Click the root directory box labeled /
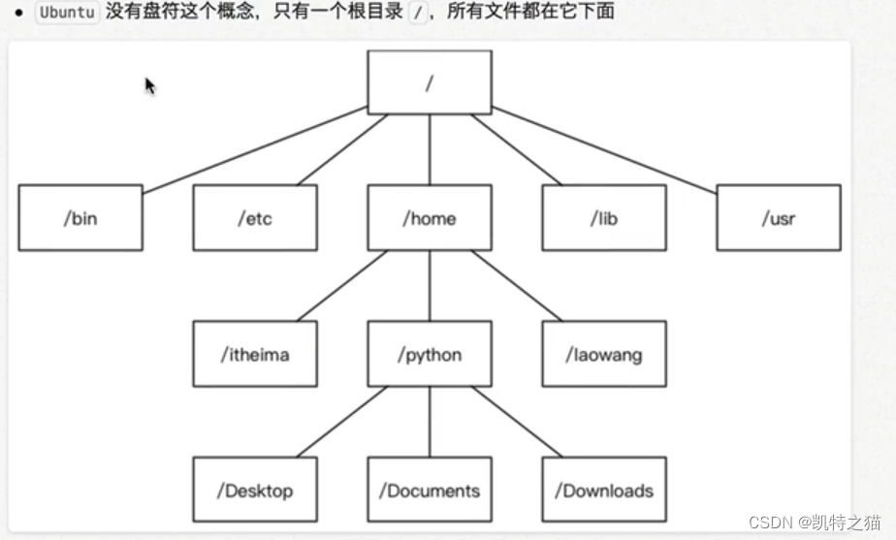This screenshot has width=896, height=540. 430,82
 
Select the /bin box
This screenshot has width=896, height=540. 80,218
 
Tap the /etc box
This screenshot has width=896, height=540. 255,218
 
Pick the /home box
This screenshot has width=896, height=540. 430,218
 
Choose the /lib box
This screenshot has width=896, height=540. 604,218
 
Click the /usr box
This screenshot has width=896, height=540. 779,218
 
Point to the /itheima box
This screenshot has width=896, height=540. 255,354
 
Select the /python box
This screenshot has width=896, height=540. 430,354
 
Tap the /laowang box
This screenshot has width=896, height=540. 604,354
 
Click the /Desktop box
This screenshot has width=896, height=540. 255,491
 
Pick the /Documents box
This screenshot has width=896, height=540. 430,491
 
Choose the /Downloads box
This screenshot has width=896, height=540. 604,491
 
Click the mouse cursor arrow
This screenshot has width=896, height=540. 149,85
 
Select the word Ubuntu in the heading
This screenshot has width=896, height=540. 67,13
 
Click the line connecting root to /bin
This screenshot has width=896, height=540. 254,149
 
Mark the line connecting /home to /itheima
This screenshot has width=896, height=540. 341,286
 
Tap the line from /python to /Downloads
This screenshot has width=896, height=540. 517,422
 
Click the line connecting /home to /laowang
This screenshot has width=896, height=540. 517,286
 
